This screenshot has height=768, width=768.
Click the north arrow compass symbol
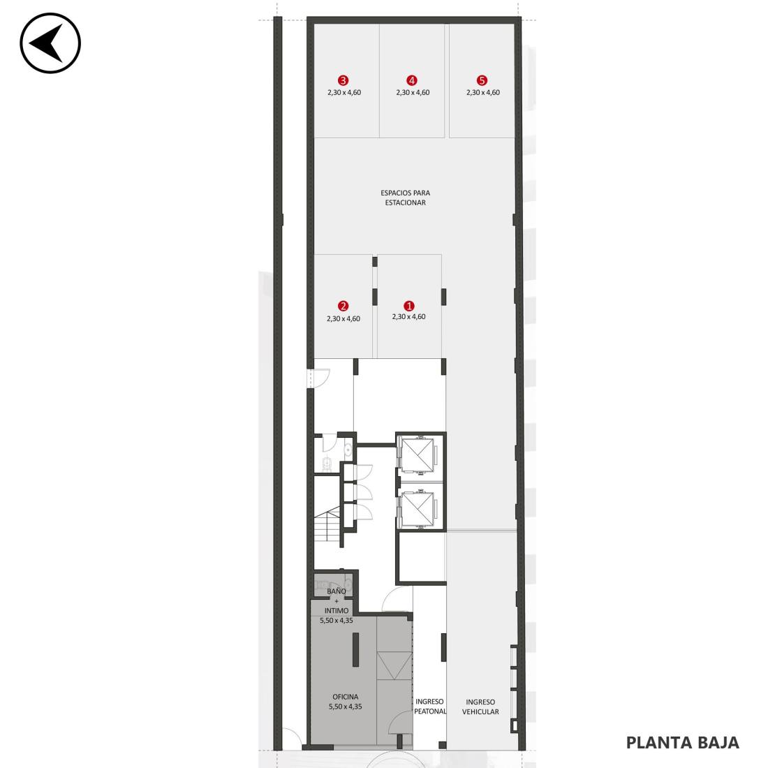50,43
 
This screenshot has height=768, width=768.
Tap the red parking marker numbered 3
343,80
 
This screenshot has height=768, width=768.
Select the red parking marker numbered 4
411,80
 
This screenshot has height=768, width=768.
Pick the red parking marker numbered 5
482,80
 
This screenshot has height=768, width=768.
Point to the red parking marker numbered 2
344,306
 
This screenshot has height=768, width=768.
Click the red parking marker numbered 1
408,306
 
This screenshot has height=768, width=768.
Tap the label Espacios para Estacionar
405,198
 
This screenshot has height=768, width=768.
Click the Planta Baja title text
682,743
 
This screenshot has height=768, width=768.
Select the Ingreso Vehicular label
480,707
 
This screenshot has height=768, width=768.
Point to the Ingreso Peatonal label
429,707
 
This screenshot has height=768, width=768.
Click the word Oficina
346,697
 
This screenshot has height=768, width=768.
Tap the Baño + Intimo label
337,601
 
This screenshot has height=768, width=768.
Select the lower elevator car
418,508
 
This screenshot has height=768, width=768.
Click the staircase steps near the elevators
327,525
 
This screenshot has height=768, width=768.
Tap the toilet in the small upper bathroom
327,462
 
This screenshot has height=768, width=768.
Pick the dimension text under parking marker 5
483,93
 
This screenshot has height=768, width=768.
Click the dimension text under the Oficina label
346,707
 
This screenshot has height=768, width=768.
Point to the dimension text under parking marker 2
344,319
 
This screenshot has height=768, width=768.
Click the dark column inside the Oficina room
355,649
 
